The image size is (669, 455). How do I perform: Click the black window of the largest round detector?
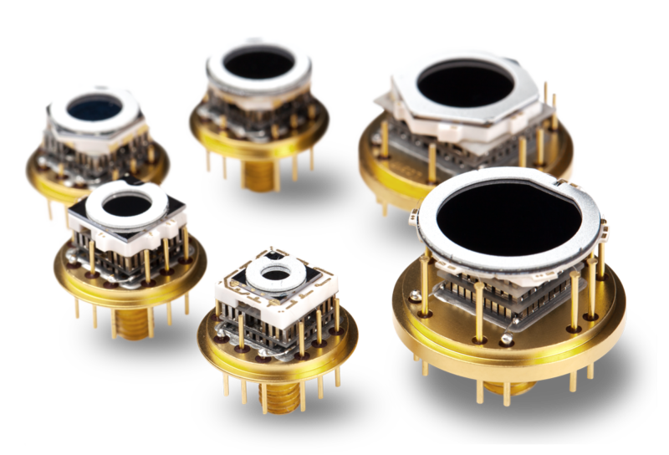tap(508, 219)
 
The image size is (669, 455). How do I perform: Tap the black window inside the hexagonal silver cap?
tap(466, 84)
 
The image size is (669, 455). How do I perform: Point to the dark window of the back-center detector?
tap(258, 63)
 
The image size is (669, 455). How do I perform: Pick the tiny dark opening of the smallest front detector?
tap(274, 272)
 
